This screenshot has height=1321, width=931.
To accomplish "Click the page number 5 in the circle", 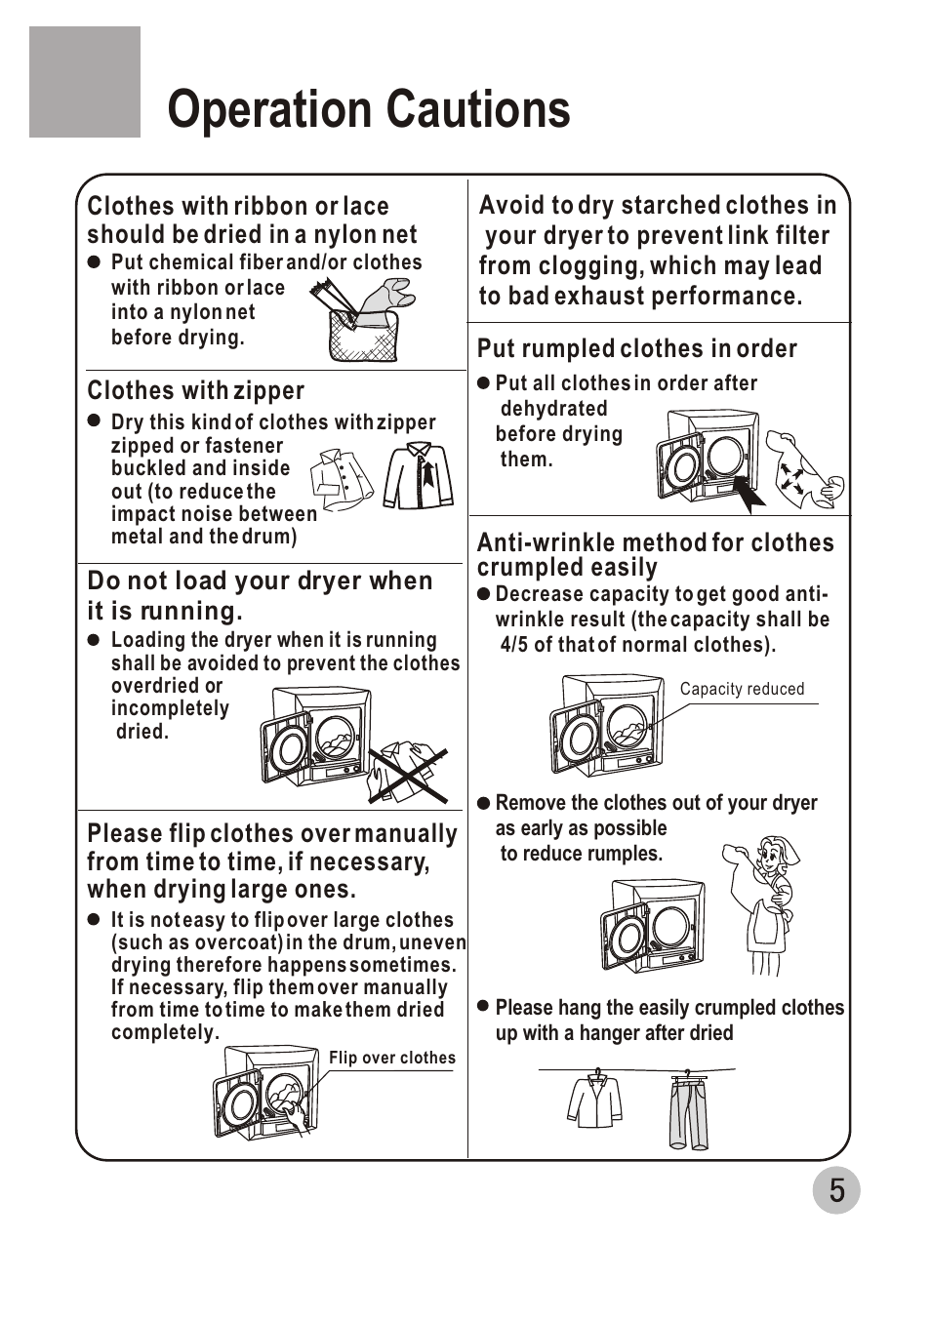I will point(836,1190).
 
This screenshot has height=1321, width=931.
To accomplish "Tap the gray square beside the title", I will point(85,82).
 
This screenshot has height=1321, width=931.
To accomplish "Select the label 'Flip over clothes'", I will point(391,1058).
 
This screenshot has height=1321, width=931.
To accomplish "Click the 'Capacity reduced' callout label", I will point(742,689).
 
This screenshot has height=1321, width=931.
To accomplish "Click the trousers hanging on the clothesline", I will point(688,1112).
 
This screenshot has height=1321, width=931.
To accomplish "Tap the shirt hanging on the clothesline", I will point(595,1101).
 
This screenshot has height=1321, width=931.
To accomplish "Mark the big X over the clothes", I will point(408,775).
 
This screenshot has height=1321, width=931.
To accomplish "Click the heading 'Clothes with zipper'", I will point(196,391).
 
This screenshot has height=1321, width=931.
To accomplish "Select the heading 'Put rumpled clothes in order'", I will point(636,349).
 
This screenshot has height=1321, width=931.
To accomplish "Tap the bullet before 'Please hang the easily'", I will point(483,1006).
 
